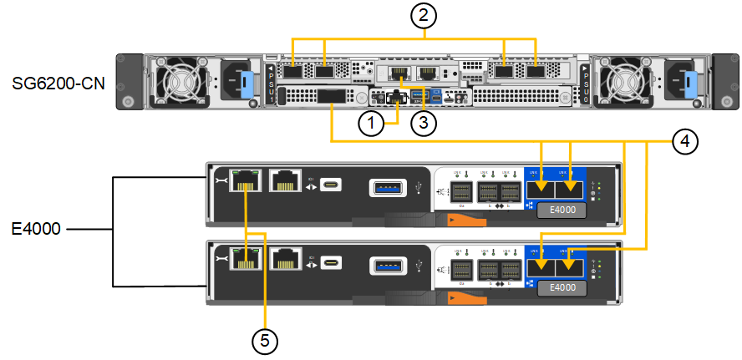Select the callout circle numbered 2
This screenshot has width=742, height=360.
tap(425, 16)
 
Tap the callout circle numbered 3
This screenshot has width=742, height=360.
tap(424, 124)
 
